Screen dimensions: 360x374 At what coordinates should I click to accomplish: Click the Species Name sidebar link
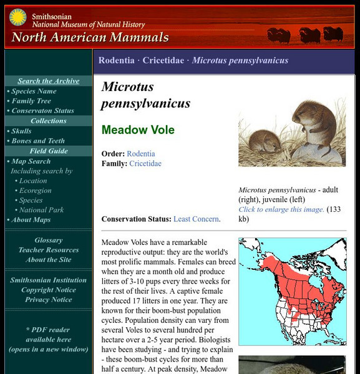pyautogui.click(x=34, y=91)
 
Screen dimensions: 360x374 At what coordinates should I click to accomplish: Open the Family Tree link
pyautogui.click(x=31, y=101)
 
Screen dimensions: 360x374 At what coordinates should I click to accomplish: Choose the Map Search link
pyautogui.click(x=31, y=161)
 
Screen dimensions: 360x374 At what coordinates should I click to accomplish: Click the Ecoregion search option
pyautogui.click(x=35, y=191)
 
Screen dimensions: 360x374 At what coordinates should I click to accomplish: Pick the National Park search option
pyautogui.click(x=41, y=210)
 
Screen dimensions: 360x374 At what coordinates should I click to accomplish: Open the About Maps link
pyautogui.click(x=31, y=219)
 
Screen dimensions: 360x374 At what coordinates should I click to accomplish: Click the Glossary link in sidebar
pyautogui.click(x=48, y=240)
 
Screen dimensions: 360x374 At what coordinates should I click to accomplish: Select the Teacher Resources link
pyautogui.click(x=48, y=250)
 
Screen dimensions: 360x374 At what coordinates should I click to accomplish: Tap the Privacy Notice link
pyautogui.click(x=48, y=300)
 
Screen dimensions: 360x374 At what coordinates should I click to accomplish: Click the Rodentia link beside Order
pyautogui.click(x=141, y=153)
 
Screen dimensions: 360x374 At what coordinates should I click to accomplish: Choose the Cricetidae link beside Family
pyautogui.click(x=145, y=163)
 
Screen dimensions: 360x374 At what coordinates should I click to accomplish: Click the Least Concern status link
pyautogui.click(x=196, y=219)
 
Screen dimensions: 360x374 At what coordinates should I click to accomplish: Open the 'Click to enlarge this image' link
pyautogui.click(x=281, y=209)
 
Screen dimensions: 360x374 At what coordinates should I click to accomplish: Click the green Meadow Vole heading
pyautogui.click(x=138, y=130)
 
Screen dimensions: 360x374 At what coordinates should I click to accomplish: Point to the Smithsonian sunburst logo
pyautogui.click(x=18, y=17)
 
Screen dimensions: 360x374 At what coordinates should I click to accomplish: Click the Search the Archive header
pyautogui.click(x=48, y=81)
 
